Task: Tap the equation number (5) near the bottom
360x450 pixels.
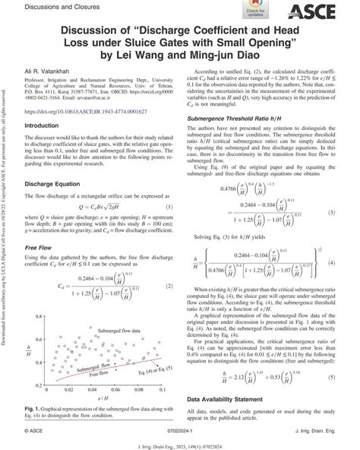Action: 332,377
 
